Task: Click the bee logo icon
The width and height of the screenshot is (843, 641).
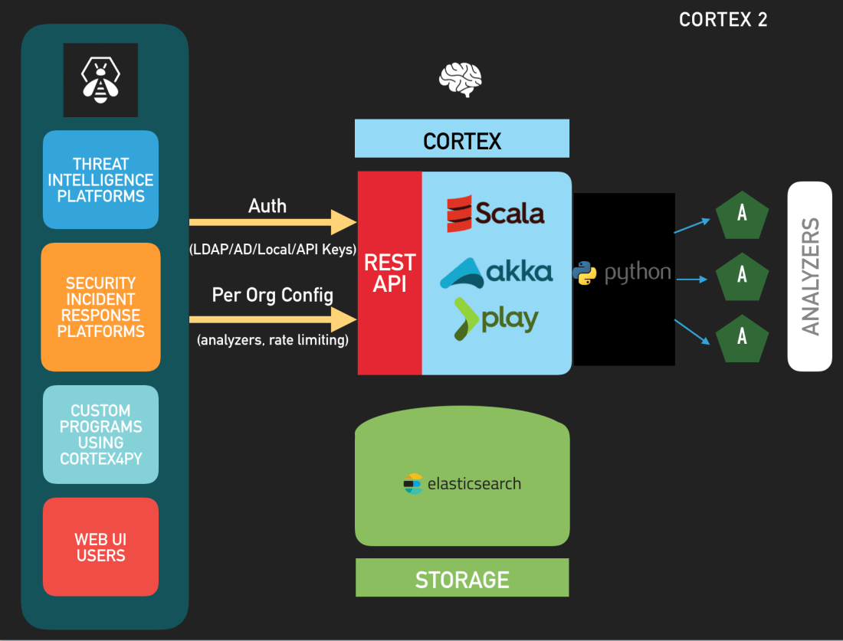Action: tap(100, 80)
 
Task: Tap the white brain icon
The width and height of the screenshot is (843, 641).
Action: tap(460, 80)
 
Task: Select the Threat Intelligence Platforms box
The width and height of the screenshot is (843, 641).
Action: tap(100, 180)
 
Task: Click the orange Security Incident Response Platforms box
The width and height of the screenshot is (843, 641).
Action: tap(100, 307)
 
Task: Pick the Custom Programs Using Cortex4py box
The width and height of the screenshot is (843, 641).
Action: tap(100, 434)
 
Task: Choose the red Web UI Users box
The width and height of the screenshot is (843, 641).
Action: tap(100, 547)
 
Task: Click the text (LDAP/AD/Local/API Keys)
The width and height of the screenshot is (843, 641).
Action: tap(273, 249)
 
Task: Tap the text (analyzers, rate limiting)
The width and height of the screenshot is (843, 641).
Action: tap(273, 340)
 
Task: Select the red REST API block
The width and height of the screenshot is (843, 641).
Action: tap(390, 273)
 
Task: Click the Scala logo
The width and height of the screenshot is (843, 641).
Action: tap(496, 213)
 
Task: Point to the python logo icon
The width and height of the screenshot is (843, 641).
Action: tap(585, 273)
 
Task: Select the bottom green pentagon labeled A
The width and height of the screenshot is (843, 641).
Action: tap(742, 336)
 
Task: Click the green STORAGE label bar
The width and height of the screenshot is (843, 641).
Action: tap(462, 578)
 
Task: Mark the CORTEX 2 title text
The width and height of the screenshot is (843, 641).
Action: tap(723, 20)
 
